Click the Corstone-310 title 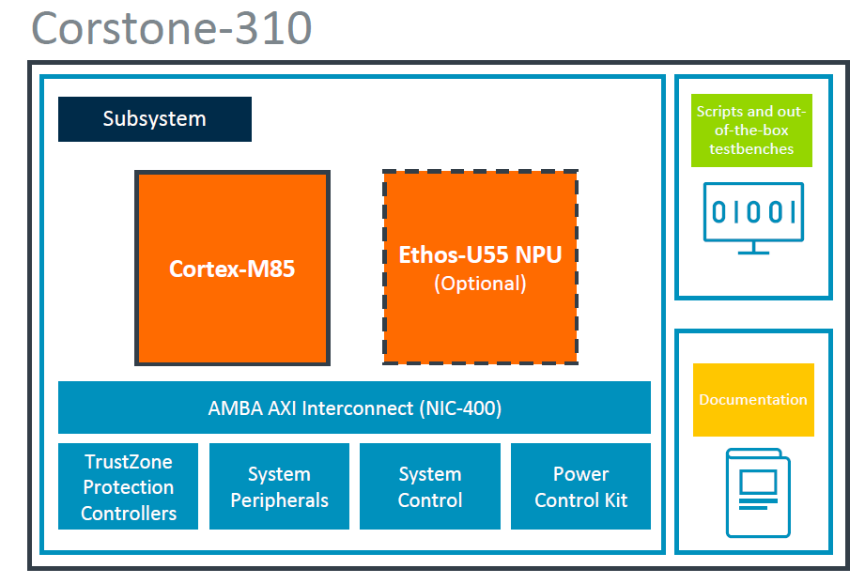click(172, 28)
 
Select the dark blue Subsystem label click(155, 119)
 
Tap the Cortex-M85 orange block click(232, 269)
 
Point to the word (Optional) click(480, 284)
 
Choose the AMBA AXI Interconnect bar click(354, 407)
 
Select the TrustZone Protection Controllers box click(129, 486)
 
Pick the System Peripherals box click(279, 486)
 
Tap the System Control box click(430, 486)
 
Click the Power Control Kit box click(580, 486)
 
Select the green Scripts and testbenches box click(751, 130)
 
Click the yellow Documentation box click(753, 400)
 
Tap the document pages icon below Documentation click(757, 492)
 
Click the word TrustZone click(129, 461)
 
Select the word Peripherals click(279, 500)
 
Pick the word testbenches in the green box click(751, 148)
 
